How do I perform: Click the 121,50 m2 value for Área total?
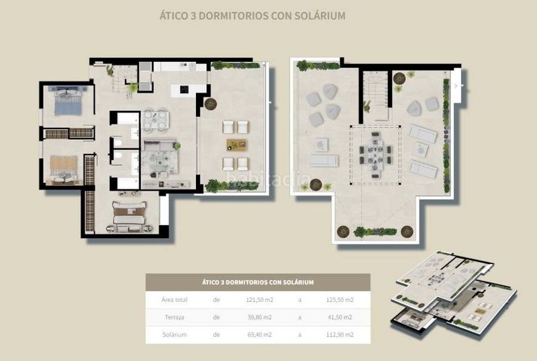pyautogui.click(x=260, y=300)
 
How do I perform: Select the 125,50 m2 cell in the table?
pyautogui.click(x=340, y=300)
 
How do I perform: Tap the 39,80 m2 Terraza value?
pyautogui.click(x=260, y=317)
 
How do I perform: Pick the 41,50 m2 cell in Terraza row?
pyautogui.click(x=340, y=317)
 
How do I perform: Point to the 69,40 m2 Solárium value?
pyautogui.click(x=260, y=335)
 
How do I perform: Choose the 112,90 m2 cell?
pyautogui.click(x=340, y=335)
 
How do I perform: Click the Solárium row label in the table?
pyautogui.click(x=175, y=335)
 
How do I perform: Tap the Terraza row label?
pyautogui.click(x=175, y=317)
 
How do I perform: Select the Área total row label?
pyautogui.click(x=175, y=300)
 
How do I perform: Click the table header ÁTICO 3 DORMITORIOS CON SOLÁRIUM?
pyautogui.click(x=258, y=282)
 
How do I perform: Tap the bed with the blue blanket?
pyautogui.click(x=68, y=101)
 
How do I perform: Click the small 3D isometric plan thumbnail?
pyautogui.click(x=454, y=294)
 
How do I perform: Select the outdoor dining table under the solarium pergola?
pyautogui.click(x=376, y=155)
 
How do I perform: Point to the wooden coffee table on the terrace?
pyautogui.click(x=236, y=145)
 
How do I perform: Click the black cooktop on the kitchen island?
pyautogui.click(x=184, y=89)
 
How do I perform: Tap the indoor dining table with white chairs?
pyautogui.click(x=155, y=120)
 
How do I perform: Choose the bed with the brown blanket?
pyautogui.click(x=63, y=169)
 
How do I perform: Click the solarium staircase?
pyautogui.click(x=376, y=95)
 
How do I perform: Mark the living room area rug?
pyautogui.click(x=160, y=162)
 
